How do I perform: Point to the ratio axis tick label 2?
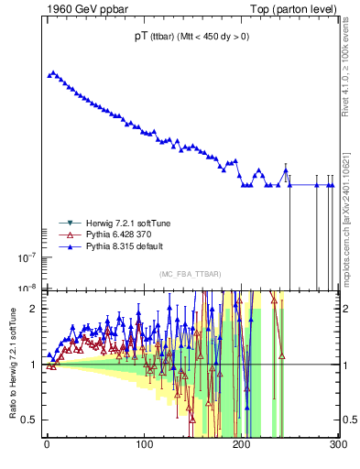[x=34, y=309]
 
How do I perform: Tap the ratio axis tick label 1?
[x=34, y=365]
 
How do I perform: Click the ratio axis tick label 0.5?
[x=29, y=420]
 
